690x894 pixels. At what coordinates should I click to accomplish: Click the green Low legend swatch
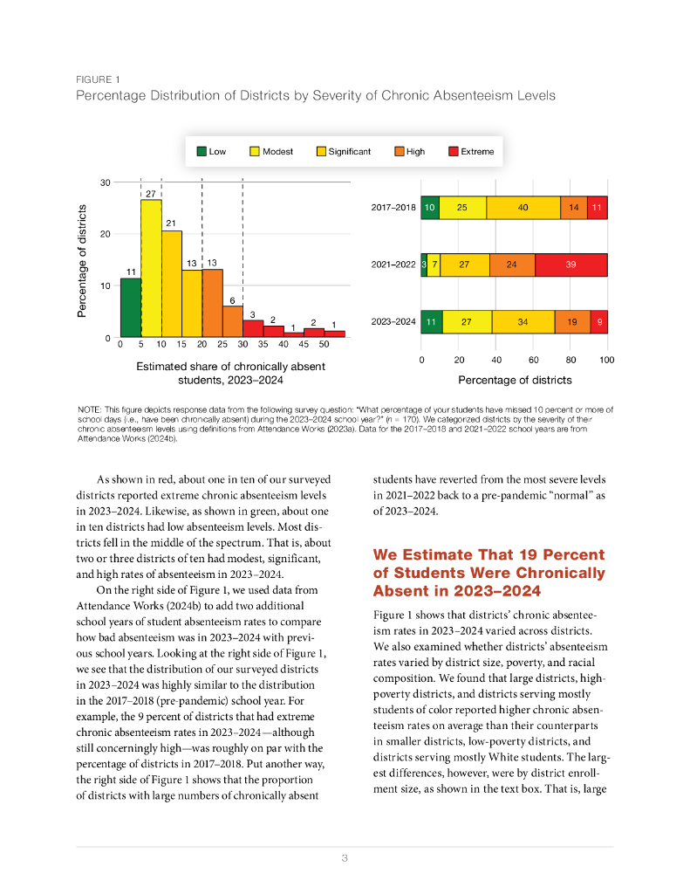click(x=202, y=151)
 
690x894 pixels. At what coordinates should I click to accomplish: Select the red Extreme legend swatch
click(x=454, y=151)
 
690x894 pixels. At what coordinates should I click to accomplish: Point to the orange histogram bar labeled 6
click(x=233, y=321)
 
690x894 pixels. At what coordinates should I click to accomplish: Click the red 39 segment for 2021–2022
click(x=570, y=265)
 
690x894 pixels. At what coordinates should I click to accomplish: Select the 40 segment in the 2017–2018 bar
click(x=523, y=208)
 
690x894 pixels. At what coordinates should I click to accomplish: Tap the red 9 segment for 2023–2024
click(x=598, y=321)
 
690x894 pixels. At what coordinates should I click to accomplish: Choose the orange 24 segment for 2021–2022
click(x=512, y=265)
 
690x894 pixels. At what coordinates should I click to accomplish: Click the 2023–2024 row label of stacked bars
click(x=393, y=322)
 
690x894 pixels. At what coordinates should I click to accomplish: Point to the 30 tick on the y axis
click(x=106, y=182)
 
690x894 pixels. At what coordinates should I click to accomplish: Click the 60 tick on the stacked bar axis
click(x=533, y=360)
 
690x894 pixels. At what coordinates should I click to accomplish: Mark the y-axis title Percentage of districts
click(x=83, y=260)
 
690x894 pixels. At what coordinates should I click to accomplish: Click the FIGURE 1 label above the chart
click(x=98, y=79)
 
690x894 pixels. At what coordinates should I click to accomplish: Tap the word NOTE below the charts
click(x=89, y=409)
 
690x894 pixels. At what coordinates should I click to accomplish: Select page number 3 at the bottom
click(x=345, y=858)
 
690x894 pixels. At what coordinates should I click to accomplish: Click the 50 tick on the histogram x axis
click(x=324, y=345)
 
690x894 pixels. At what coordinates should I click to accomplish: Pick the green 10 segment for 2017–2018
click(x=430, y=208)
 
